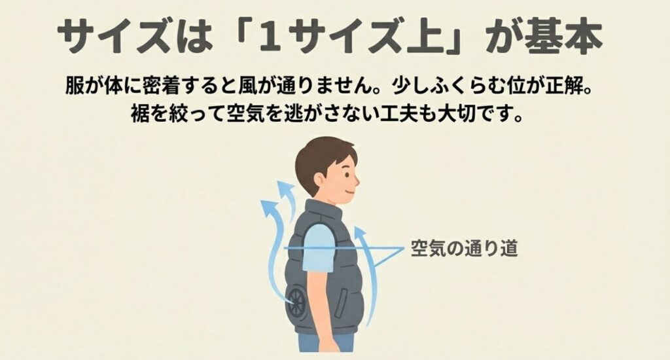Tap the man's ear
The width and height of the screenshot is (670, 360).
click(x=326, y=176)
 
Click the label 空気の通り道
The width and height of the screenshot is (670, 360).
click(x=464, y=250)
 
